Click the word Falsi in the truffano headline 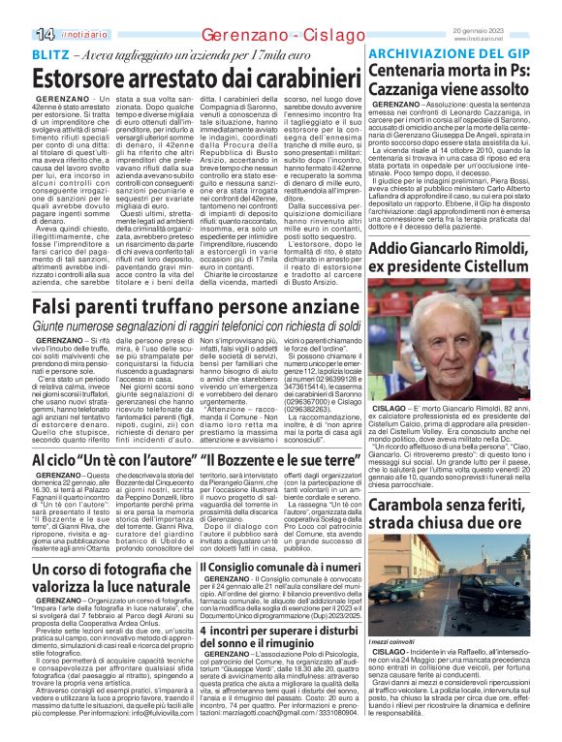point(57,307)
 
